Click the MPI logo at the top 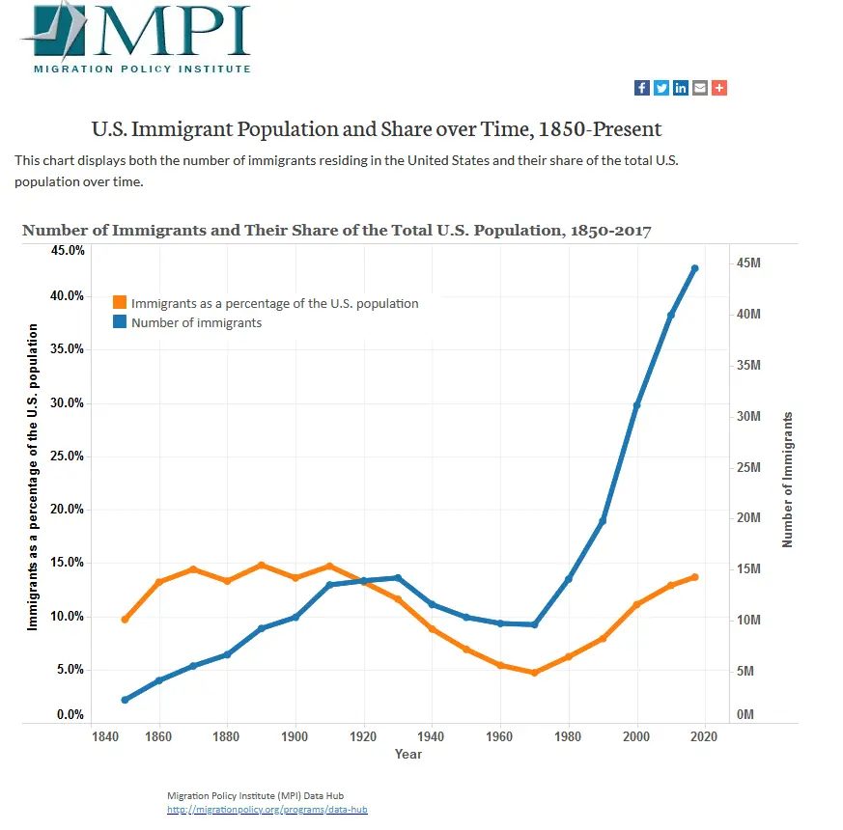pos(135,39)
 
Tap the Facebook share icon pos(641,88)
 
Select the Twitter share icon pos(661,88)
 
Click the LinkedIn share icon pos(681,88)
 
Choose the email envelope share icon pos(700,88)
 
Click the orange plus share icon pos(719,88)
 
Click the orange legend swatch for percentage pos(120,303)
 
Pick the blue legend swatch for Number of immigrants pos(120,322)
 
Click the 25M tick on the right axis pos(749,467)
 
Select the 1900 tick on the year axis pos(295,737)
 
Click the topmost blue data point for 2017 pos(694,268)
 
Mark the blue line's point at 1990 pos(603,521)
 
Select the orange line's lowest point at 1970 pos(534,673)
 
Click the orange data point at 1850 pos(125,619)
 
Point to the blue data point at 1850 pos(125,700)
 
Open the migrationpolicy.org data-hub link pos(267,810)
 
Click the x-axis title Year pos(407,755)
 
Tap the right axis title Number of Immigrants pos(788,480)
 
